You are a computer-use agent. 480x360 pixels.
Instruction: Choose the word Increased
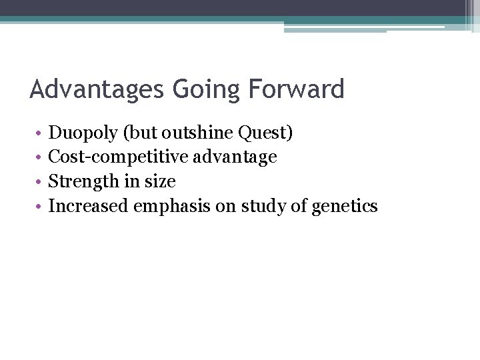coord(89,206)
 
